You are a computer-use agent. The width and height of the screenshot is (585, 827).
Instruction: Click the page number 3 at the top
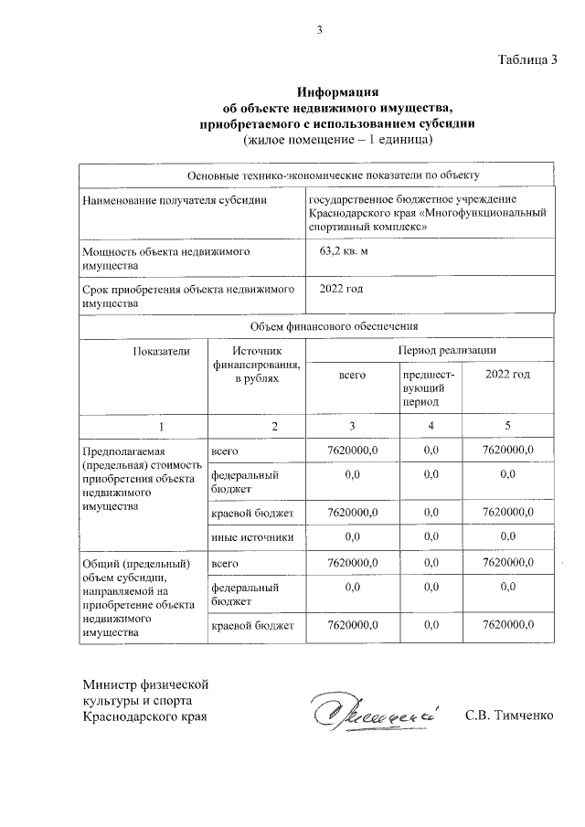point(319,29)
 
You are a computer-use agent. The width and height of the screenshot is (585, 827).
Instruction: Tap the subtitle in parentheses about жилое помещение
point(337,139)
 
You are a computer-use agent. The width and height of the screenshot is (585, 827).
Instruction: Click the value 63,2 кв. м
point(344,249)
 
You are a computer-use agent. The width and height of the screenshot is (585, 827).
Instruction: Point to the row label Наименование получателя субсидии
point(175,200)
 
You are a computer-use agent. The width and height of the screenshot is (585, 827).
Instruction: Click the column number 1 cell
point(161,427)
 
